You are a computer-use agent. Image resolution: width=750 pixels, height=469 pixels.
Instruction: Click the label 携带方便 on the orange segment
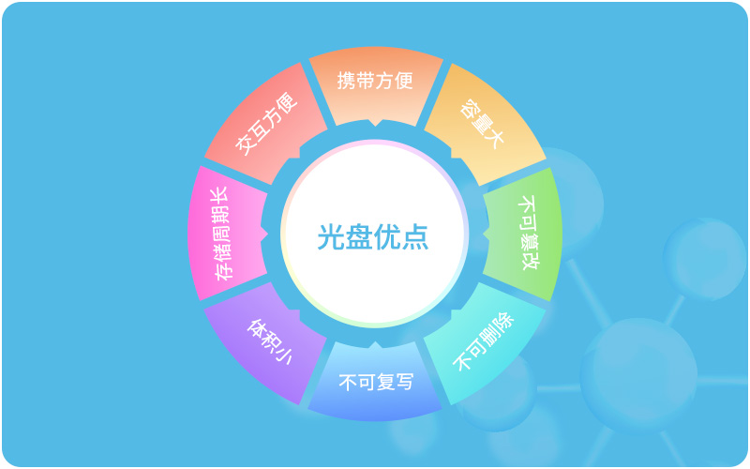(375, 81)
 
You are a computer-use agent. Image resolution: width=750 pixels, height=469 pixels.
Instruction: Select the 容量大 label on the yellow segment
(482, 124)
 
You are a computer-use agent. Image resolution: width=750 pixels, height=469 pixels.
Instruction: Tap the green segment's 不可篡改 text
(529, 233)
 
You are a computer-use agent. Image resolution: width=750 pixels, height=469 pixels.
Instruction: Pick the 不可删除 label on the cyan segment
(483, 341)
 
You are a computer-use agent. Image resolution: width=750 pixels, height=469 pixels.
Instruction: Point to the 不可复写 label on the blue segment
(376, 382)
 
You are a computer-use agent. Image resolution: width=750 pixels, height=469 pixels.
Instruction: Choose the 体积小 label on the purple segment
(269, 341)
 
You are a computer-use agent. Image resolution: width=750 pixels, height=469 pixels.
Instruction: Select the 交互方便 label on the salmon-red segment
(266, 124)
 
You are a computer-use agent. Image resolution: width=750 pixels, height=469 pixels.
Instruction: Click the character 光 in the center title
(332, 236)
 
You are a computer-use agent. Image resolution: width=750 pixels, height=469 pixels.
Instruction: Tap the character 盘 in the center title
(359, 236)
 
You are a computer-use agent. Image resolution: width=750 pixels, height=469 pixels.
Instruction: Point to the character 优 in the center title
(387, 236)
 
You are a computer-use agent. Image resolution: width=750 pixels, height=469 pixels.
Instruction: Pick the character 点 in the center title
(414, 236)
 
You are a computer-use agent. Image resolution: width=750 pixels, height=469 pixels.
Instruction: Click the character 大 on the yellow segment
(494, 137)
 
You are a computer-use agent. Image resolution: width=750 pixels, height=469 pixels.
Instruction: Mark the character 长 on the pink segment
(220, 196)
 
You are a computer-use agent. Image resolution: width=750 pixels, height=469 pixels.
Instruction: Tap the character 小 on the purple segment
(282, 356)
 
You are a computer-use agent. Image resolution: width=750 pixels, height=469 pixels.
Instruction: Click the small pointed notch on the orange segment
(376, 123)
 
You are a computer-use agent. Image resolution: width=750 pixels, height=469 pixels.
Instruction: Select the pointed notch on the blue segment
(376, 344)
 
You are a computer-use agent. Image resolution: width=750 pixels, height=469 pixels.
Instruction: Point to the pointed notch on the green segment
(486, 233)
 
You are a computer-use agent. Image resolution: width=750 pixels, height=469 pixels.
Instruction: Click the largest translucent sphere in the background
(638, 374)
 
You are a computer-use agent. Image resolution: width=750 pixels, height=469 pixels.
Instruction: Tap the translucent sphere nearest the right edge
(704, 259)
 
